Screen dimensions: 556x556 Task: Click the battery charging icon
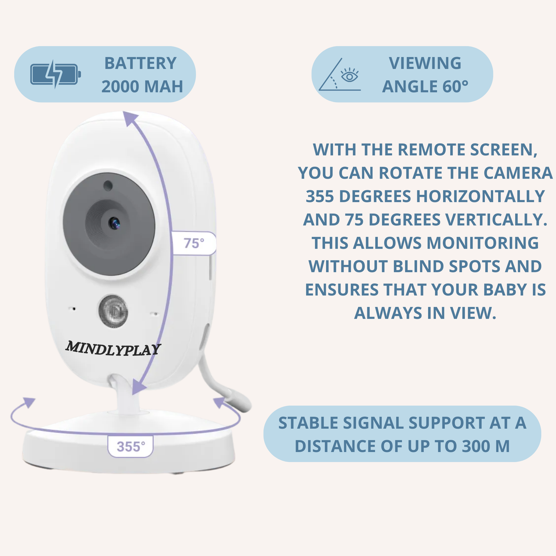56,74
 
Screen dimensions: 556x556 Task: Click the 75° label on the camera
194,243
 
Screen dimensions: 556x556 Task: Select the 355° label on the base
131,446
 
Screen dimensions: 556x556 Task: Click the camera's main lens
114,223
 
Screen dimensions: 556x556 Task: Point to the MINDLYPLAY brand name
113,349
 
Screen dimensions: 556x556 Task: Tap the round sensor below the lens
113,311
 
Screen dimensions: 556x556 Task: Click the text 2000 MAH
142,87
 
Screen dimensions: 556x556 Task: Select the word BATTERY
140,63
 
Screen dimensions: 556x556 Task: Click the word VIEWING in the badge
425,63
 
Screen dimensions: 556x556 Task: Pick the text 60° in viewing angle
455,87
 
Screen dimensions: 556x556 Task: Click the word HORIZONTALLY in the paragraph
481,196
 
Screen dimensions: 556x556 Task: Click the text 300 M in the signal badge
486,446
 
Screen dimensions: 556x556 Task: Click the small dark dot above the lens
108,185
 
